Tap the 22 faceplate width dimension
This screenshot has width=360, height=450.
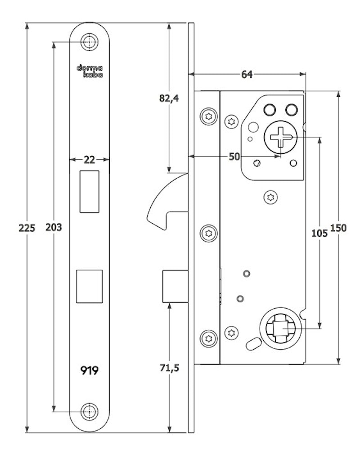[x=90, y=159]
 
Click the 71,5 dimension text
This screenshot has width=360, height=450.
[x=169, y=368]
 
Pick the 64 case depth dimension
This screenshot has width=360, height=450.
[x=246, y=74]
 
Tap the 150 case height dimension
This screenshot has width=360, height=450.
[x=338, y=228]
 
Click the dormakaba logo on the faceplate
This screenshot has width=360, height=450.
[x=90, y=72]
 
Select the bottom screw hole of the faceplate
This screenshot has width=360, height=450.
[x=90, y=411]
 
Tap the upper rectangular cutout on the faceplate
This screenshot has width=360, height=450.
[x=90, y=191]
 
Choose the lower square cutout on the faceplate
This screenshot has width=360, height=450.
[x=90, y=286]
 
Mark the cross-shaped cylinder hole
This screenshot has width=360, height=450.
[x=279, y=136]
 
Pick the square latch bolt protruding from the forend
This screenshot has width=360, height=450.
[x=175, y=286]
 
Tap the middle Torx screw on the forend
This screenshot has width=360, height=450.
[x=208, y=234]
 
